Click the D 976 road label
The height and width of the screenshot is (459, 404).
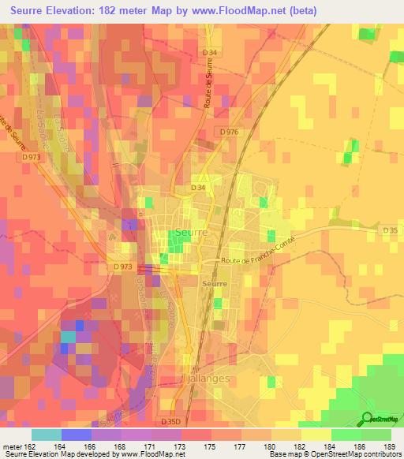[230, 131]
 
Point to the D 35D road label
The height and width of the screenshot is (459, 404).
[169, 422]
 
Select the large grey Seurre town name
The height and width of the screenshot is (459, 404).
[193, 233]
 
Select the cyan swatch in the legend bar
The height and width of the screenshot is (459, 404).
[46, 435]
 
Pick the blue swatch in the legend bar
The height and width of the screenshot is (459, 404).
[76, 435]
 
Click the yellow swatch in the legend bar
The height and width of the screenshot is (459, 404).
[316, 435]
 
